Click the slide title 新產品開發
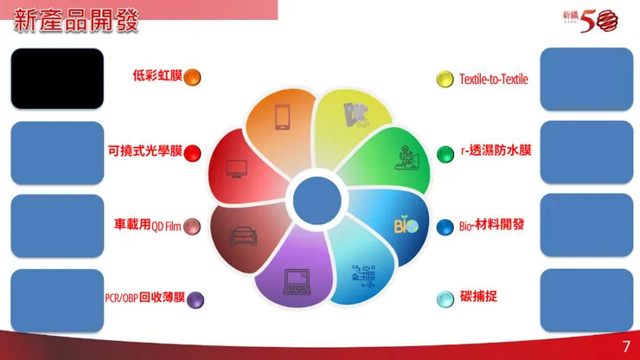pos(76,22)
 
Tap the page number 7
pos(625,346)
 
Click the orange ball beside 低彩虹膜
pos(192,77)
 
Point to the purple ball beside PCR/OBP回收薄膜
pos(195,299)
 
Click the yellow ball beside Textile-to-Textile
pos(445,79)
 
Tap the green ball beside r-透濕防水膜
pos(445,153)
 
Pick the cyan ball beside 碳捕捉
pos(445,299)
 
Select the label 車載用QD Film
pos(148,225)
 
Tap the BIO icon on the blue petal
pos(406,225)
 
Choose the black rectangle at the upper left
pos(57,78)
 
